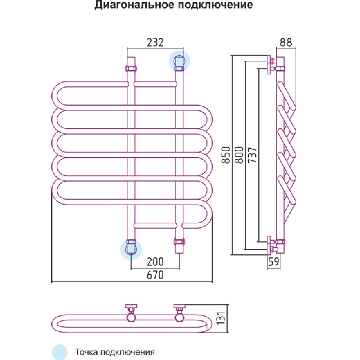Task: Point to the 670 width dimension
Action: click(x=155, y=275)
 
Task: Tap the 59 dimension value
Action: click(x=273, y=262)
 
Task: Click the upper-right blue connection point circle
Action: click(x=179, y=61)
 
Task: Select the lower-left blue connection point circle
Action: click(x=131, y=248)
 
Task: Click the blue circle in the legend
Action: click(x=60, y=351)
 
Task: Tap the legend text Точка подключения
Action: click(x=115, y=351)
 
